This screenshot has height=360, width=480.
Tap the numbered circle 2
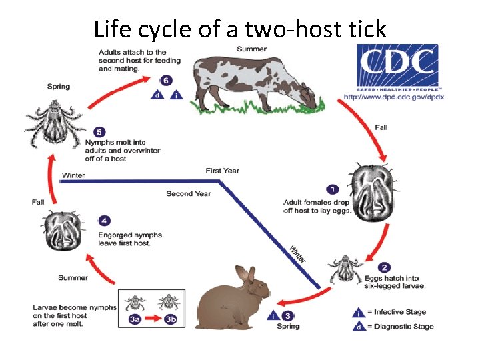pyautogui.click(x=385, y=267)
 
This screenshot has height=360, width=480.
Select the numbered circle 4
pyautogui.click(x=104, y=220)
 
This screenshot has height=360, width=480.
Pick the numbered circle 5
pyautogui.click(x=99, y=131)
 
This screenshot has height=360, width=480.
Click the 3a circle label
pyautogui.click(x=135, y=319)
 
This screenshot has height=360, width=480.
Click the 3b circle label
pyautogui.click(x=171, y=319)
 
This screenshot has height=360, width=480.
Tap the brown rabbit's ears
pyautogui.click(x=246, y=273)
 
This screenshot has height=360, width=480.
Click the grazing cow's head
pyautogui.click(x=308, y=95)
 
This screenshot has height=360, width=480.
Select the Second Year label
pyautogui.click(x=189, y=194)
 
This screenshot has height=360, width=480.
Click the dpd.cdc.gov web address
pyautogui.click(x=394, y=97)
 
